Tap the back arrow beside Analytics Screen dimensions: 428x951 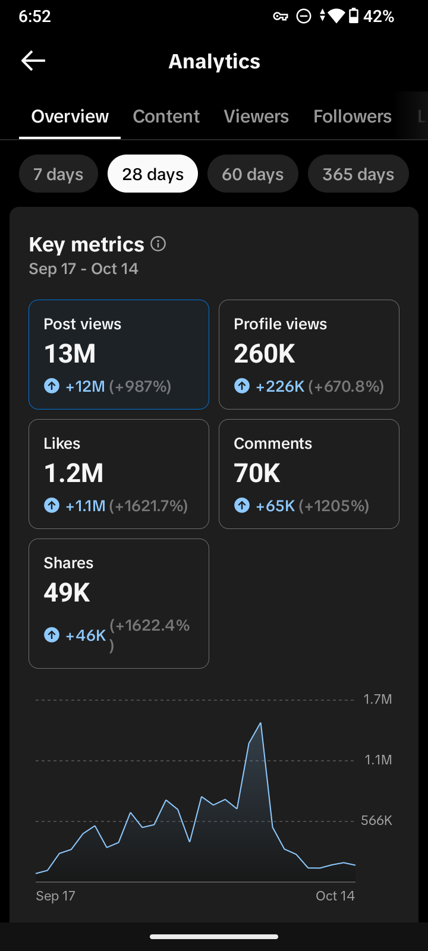coord(33,61)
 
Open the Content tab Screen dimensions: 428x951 coord(166,116)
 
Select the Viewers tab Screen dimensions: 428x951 coord(256,116)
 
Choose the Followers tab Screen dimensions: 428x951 coord(353,116)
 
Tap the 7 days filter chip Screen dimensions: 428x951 coord(59,174)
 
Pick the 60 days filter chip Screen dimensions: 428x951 coord(253,174)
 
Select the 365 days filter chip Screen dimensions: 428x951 coord(358,174)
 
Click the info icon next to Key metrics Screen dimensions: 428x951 coord(158,244)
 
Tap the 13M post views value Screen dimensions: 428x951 coord(70,354)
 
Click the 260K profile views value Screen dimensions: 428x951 coord(264,354)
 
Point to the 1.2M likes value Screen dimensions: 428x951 coord(74,473)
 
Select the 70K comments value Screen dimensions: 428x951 coord(257,473)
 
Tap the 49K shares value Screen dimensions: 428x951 coord(67,592)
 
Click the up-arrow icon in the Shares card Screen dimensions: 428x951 coord(52,635)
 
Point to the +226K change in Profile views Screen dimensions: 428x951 coord(280,386)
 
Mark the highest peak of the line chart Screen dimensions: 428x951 coord(260,723)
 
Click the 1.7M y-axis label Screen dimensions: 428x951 coord(377,699)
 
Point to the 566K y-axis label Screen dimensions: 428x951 coord(376,820)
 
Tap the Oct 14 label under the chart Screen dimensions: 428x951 coord(335,896)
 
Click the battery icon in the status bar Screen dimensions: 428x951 coord(353,16)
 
